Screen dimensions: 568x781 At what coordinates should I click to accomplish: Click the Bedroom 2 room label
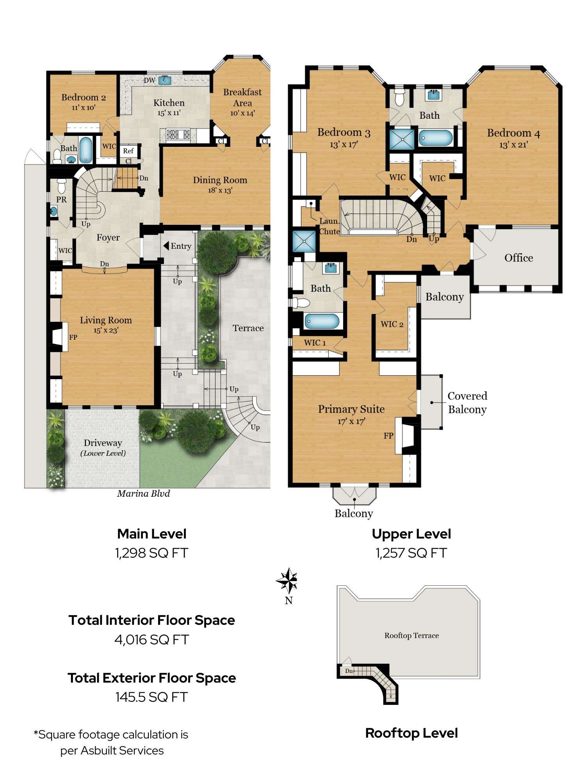pos(84,97)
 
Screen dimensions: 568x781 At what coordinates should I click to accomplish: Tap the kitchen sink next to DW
pos(165,80)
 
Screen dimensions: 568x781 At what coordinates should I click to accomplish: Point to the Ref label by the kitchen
pos(128,151)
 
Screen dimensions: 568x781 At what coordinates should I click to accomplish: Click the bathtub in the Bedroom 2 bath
pos(85,150)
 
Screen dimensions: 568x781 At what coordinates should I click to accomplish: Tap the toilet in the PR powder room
pos(61,185)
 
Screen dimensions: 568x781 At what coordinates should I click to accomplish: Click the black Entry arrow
pos(166,246)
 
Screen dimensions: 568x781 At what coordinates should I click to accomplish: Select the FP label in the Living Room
pos(73,337)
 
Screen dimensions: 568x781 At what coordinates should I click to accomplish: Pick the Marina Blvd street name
pos(144,494)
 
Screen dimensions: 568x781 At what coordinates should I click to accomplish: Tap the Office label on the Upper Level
pos(518,258)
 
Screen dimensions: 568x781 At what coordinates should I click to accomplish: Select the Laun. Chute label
pos(329,226)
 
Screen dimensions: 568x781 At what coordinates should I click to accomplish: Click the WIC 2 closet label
pos(392,324)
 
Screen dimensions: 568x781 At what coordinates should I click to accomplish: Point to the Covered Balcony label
pos(467,403)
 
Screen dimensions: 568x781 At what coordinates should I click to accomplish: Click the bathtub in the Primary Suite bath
pos(322,321)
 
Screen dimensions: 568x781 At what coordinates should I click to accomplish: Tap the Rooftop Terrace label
pos(411,635)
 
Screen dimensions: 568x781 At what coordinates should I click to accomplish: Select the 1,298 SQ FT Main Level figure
pos(151,553)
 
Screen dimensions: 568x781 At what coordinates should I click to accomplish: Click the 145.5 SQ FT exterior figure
pos(151,697)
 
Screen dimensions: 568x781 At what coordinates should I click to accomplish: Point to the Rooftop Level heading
pos(411,733)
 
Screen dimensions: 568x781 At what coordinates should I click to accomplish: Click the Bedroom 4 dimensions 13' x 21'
pos(513,144)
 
